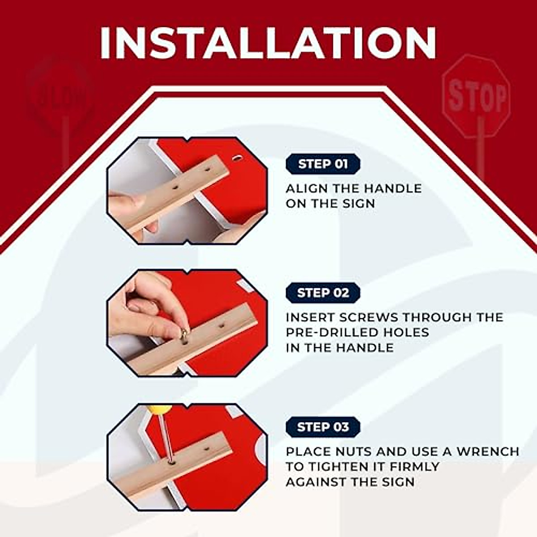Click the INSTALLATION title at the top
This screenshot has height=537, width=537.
point(268,43)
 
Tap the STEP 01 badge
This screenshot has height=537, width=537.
point(323,164)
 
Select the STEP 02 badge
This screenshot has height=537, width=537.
point(323,293)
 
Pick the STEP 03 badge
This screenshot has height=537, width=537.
point(323,427)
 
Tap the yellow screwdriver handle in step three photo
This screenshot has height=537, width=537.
point(160,409)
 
